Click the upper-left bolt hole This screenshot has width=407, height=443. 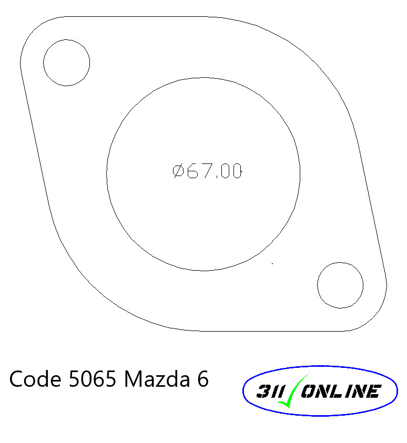66,63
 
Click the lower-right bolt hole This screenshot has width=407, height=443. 340,285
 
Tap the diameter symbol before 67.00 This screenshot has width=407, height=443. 178,171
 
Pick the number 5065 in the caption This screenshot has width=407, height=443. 92,379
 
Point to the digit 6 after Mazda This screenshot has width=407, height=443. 203,379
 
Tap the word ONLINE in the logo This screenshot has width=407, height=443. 340,392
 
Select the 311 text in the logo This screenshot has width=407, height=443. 268,392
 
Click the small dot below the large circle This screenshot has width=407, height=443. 272,262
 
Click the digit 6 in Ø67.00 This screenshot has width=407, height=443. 192,171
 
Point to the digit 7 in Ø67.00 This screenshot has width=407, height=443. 206,171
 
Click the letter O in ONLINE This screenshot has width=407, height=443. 308,392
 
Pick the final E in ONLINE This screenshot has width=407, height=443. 374,392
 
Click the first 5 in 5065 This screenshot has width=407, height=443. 74,379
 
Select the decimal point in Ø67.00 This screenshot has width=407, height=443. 215,177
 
